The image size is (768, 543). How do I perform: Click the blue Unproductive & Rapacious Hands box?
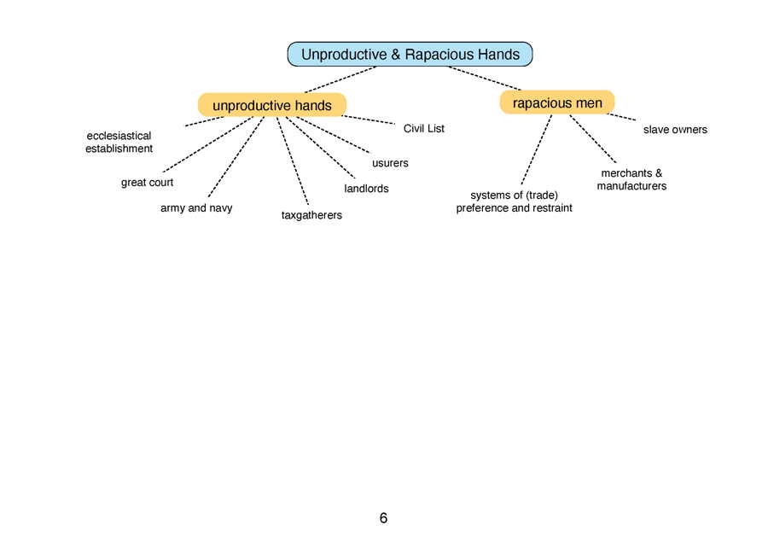click(x=410, y=54)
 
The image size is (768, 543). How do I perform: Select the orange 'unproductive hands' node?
click(x=272, y=105)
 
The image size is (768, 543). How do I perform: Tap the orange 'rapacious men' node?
click(x=557, y=102)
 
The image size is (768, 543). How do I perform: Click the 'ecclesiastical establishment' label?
click(x=119, y=142)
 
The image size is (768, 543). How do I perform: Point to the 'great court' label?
click(x=147, y=183)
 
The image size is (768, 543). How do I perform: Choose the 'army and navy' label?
click(x=196, y=207)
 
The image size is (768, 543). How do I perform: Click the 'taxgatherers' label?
click(x=311, y=215)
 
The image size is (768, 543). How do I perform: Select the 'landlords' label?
click(x=366, y=189)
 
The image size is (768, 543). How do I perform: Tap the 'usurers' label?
click(x=390, y=163)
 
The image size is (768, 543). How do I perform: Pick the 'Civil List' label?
click(x=423, y=128)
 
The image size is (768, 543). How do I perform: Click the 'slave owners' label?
click(x=675, y=130)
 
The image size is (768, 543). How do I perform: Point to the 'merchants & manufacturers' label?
click(x=631, y=179)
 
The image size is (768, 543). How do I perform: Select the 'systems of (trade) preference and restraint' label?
click(x=514, y=201)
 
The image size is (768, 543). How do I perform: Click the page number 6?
click(x=383, y=518)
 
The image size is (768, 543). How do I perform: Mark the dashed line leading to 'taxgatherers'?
click(x=293, y=161)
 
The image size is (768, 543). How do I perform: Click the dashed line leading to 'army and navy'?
click(x=236, y=157)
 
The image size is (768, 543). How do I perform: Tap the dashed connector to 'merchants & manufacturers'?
click(x=593, y=139)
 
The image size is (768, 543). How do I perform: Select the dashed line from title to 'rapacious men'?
click(x=485, y=79)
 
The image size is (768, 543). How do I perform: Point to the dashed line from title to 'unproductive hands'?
click(x=340, y=79)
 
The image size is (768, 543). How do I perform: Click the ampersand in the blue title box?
click(x=396, y=55)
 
